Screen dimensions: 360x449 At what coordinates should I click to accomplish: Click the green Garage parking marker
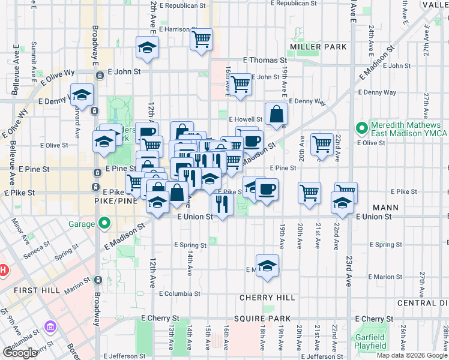click(104, 224)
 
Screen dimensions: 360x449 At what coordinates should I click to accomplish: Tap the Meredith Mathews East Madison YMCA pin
click(361, 128)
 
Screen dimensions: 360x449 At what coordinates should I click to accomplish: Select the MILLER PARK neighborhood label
click(318, 47)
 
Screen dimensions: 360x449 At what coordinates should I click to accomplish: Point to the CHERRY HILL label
click(267, 298)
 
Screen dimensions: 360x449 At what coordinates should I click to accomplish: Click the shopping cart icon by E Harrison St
click(201, 40)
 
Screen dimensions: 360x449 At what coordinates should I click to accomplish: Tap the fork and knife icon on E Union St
click(222, 204)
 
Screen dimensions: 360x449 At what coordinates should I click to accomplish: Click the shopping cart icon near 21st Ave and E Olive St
click(322, 144)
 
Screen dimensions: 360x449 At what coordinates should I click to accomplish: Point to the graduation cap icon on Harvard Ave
click(82, 94)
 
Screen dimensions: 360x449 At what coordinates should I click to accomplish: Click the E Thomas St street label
click(265, 60)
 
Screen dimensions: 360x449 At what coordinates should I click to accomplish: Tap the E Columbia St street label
click(179, 293)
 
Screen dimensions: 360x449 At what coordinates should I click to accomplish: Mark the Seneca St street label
click(37, 246)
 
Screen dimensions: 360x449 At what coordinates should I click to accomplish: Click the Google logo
click(20, 353)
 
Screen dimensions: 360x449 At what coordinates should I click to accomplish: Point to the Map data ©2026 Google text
click(412, 355)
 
